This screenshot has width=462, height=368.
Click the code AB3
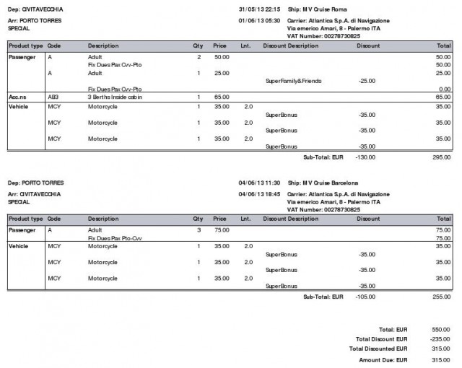tap(53, 97)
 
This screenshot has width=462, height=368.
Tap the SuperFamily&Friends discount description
tap(293, 81)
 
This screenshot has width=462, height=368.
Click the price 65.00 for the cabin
tap(222, 97)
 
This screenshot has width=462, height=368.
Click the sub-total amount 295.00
tap(442, 156)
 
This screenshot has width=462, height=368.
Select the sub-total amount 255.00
tap(442, 297)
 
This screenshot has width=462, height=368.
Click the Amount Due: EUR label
tap(384, 359)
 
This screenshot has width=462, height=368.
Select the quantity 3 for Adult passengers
tap(199, 229)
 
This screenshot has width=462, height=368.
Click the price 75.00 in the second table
tap(222, 229)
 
